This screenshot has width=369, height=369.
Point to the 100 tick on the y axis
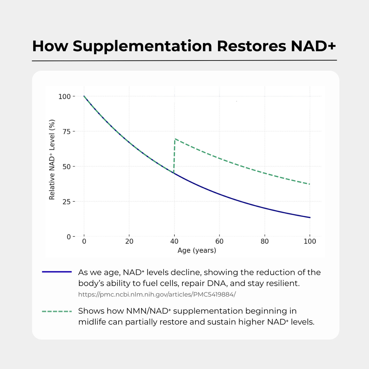pos(65,97)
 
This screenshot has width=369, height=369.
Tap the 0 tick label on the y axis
pos(69,236)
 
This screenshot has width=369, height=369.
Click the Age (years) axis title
pos(197,250)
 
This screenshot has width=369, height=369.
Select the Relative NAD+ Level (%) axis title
pos(52,159)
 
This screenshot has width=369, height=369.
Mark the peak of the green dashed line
pos(175,139)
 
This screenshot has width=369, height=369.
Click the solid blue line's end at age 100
pos(310,217)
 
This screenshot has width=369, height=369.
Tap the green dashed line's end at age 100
pos(310,184)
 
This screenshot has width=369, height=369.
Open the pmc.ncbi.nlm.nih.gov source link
pos(157,294)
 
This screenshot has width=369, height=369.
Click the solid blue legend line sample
pos(57,272)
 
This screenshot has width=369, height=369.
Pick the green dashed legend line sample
pos(57,311)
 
